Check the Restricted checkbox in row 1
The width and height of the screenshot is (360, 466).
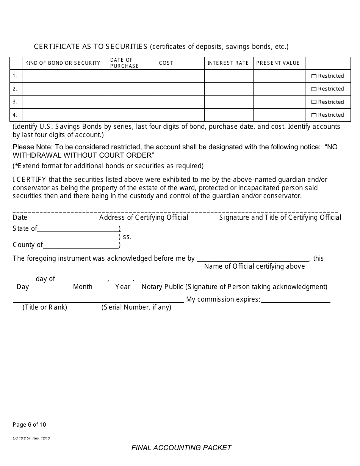[314, 76]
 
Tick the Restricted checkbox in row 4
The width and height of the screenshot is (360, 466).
[314, 115]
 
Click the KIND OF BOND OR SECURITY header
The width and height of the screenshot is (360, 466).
[63, 63]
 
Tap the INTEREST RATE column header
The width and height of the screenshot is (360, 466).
[228, 63]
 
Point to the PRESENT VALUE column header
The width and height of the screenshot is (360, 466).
[278, 63]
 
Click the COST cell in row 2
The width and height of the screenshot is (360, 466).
[180, 89]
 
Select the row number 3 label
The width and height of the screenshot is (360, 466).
[15, 102]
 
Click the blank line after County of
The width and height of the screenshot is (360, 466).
[81, 245]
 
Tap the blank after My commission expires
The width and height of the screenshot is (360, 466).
[295, 299]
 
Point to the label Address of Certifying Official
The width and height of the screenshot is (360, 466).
[144, 217]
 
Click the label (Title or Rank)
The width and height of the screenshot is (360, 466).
[45, 307]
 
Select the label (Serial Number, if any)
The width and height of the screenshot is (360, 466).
[136, 307]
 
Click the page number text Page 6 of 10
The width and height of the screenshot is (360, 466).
[30, 425]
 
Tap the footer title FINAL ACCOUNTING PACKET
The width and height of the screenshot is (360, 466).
[181, 448]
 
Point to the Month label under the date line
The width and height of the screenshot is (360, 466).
[83, 287]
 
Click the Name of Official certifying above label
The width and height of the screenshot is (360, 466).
[254, 266]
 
